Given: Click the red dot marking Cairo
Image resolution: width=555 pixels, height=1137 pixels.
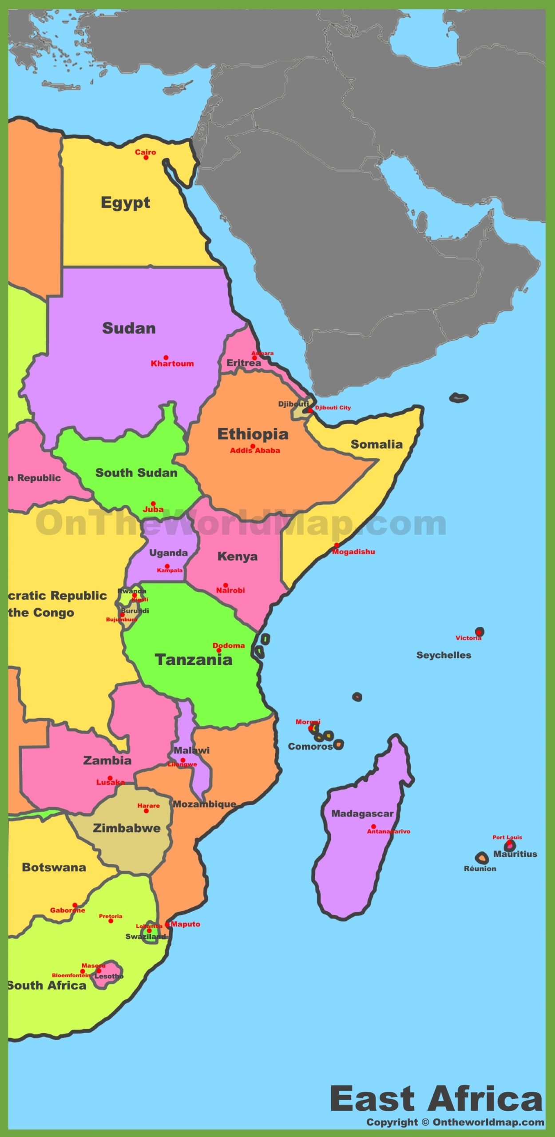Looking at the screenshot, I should click(x=146, y=158).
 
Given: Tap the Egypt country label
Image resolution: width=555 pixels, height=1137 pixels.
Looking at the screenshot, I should click(x=125, y=203).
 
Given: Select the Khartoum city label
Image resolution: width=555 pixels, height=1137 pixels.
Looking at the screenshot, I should click(x=172, y=364).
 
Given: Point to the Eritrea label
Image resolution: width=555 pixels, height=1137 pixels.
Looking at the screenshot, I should click(x=243, y=363).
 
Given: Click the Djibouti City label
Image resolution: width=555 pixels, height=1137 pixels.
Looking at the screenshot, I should click(x=333, y=408).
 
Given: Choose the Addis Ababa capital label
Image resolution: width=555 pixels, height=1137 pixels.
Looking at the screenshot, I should click(x=255, y=450).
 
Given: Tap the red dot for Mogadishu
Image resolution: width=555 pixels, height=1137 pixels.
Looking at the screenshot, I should click(x=337, y=545).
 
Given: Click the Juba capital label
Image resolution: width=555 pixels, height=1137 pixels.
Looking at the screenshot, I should click(x=153, y=509).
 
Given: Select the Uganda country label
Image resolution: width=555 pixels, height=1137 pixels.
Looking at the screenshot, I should click(x=168, y=553).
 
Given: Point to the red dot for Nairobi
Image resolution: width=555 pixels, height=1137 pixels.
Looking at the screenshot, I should click(x=226, y=585).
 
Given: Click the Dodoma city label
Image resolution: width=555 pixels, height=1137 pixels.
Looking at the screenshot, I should click(x=229, y=645).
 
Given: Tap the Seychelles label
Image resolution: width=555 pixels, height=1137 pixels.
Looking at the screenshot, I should click(x=444, y=655).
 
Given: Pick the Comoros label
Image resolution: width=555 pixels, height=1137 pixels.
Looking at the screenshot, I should click(x=310, y=747).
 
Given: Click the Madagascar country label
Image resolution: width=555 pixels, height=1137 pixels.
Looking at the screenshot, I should click(x=362, y=814).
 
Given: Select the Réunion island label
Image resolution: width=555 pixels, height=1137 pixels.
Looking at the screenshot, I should click(x=480, y=869).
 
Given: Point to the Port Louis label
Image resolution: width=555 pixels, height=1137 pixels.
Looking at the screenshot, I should click(x=507, y=838).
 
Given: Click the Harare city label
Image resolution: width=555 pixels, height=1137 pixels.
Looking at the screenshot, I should click(x=148, y=806).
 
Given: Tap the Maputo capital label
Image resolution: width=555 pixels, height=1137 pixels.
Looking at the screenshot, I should click(x=186, y=924).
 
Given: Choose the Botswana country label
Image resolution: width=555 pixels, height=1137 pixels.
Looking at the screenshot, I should click(x=54, y=867).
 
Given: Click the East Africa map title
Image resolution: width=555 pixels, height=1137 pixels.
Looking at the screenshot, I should click(x=436, y=1099).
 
